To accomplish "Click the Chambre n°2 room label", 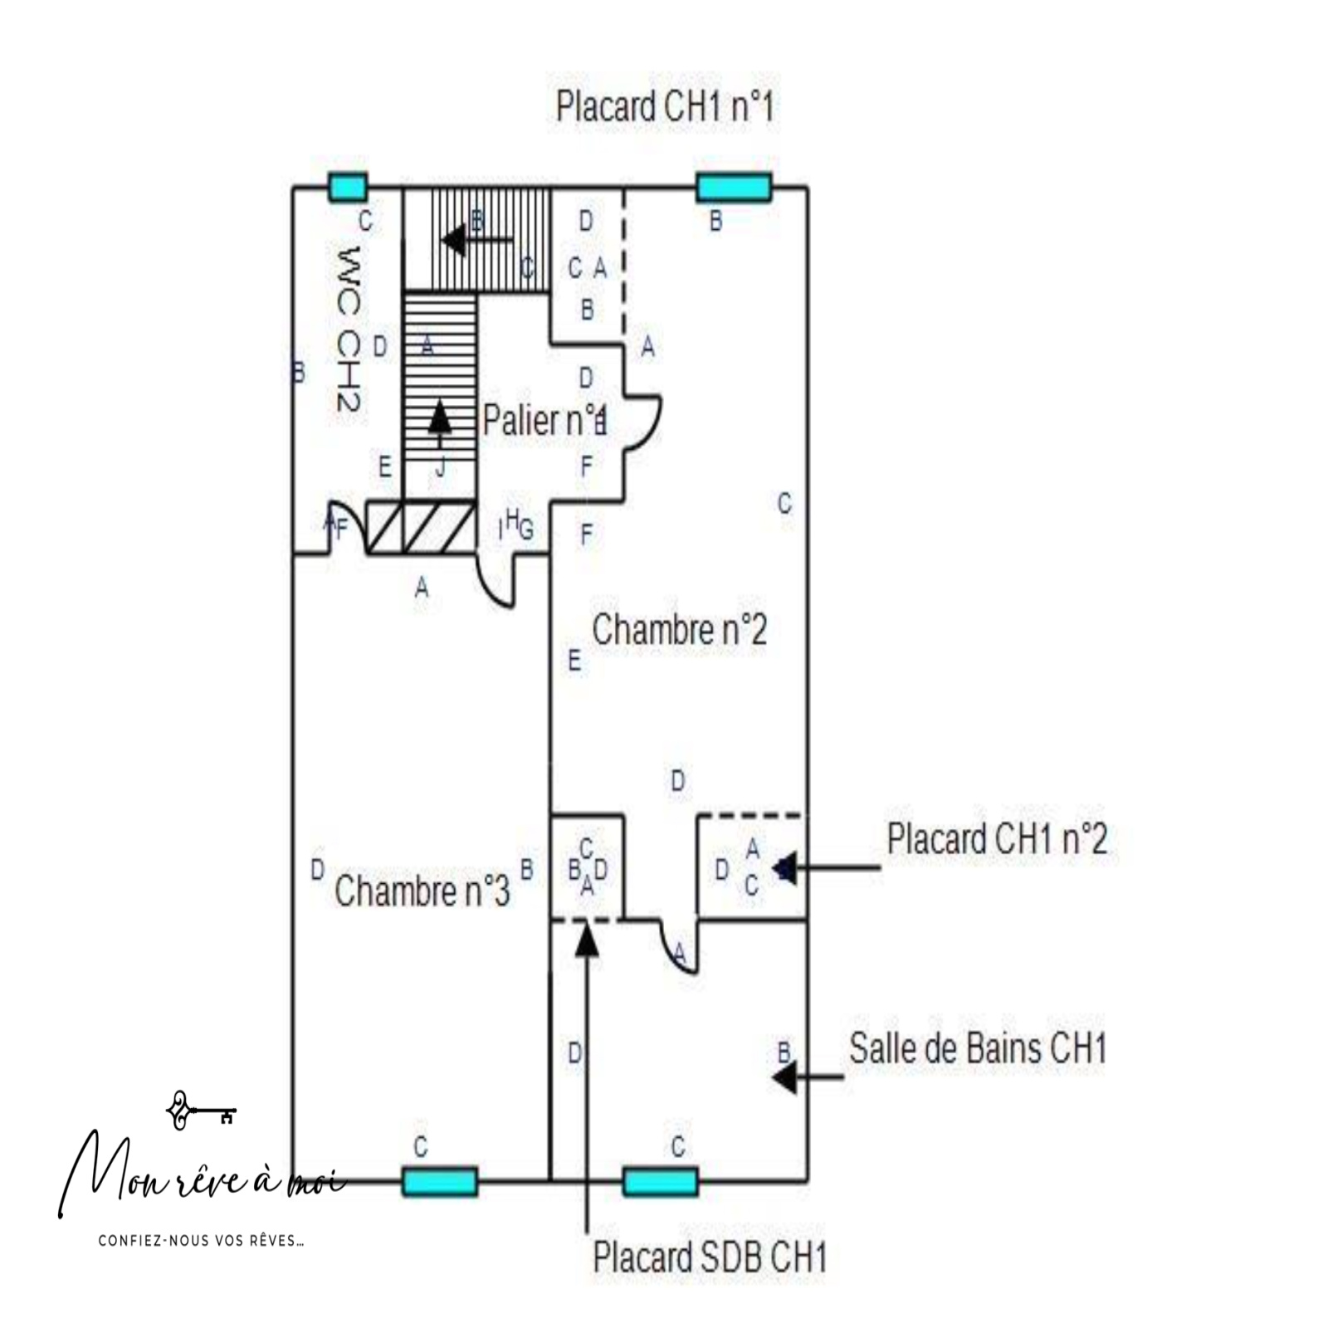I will [x=679, y=630].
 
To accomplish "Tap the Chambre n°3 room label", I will [x=422, y=891].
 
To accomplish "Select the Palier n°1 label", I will [x=544, y=420].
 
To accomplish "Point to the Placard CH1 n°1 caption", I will [x=664, y=107].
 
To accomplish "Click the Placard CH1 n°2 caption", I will [x=996, y=839].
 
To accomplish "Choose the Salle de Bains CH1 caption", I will [x=977, y=1049].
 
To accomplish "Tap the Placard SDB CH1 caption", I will [x=710, y=1257].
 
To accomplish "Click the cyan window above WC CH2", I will [x=347, y=188].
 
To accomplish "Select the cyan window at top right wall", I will [x=734, y=188].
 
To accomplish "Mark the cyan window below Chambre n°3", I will [x=440, y=1181].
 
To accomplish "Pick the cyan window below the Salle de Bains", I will [x=661, y=1181].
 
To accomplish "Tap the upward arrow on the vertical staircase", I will [x=440, y=417].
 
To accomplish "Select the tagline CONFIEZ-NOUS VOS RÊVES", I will [x=201, y=1241].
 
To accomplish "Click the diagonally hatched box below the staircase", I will [x=422, y=528].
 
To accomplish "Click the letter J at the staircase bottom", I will [x=441, y=468].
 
